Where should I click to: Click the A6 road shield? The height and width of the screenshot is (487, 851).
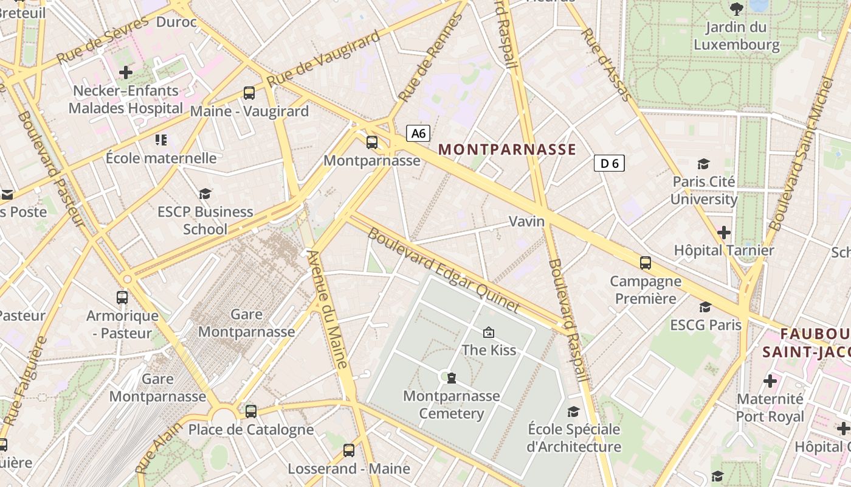tap(418, 133)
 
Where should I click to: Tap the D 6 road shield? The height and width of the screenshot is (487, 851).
tap(609, 163)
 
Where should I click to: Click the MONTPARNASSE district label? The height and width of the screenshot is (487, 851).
tap(507, 150)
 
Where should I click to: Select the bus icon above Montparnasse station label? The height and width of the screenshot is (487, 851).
tap(371, 142)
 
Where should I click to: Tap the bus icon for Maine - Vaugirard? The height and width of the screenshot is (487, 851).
tap(249, 93)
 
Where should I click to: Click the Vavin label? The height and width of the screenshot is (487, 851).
tap(526, 221)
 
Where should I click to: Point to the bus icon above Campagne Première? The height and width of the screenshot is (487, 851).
tap(646, 263)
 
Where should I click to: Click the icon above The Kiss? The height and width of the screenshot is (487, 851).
tap(488, 332)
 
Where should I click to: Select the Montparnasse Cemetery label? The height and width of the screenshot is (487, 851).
tap(452, 405)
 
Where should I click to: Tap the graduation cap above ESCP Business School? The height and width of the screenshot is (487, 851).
tap(205, 194)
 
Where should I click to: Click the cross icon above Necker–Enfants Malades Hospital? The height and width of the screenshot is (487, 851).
tap(126, 72)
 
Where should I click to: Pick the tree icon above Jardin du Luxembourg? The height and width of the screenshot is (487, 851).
tap(737, 9)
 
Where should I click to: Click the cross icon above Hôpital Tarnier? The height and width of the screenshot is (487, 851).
tap(723, 233)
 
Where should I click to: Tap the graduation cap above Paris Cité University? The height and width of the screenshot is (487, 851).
tap(703, 164)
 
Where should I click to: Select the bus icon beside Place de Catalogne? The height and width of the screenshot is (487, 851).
tap(251, 411)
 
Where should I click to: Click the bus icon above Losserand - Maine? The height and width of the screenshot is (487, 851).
tap(348, 450)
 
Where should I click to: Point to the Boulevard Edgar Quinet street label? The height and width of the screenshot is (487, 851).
tap(444, 270)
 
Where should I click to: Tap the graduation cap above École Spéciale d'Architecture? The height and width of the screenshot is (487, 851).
tap(573, 412)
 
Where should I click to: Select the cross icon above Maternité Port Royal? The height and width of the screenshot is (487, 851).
tap(770, 382)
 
